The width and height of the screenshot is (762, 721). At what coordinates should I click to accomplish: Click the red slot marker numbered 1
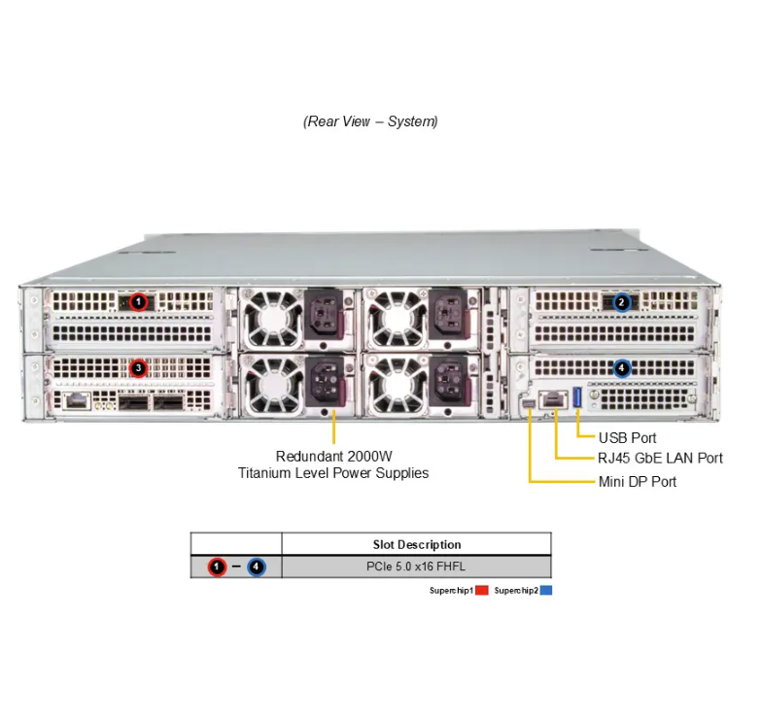coord(138,302)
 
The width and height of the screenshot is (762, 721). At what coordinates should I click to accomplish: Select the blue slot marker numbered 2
coord(622,302)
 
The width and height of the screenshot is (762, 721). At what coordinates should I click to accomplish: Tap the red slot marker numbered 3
coord(138,368)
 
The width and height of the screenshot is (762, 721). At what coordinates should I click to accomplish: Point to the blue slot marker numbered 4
coord(622,368)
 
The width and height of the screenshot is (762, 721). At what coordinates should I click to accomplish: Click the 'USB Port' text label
coord(627,438)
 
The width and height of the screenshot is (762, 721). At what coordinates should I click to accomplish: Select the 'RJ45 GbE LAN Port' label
coord(660,458)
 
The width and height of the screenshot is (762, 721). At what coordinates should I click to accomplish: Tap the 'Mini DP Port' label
coord(638,482)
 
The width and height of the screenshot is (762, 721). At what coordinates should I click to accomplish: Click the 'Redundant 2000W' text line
coord(333,456)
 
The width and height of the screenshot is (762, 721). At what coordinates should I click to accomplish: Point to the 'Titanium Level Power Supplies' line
coord(333,473)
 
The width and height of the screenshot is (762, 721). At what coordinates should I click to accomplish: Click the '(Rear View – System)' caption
coord(370,121)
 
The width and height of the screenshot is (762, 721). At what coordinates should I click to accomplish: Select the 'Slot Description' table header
coord(417,544)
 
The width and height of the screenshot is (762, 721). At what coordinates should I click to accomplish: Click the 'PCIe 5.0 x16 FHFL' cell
coord(417,566)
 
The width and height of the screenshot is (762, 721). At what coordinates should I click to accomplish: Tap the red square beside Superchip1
coord(482,590)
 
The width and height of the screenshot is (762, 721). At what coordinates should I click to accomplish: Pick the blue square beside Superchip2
coord(546,590)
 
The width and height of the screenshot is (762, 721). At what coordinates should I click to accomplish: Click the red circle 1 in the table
coord(217,566)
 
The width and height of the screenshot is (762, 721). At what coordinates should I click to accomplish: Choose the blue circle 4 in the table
coord(256,566)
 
